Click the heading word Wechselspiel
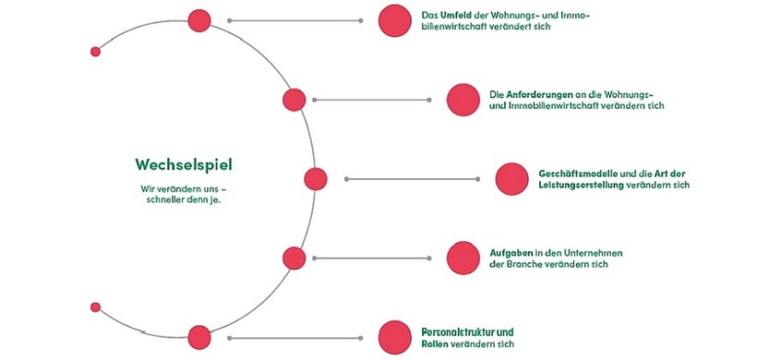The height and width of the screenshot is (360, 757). point(183,165)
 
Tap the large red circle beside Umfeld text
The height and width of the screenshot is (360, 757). point(394,20)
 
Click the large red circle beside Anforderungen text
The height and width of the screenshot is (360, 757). point(463,100)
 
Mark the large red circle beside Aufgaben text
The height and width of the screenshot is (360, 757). point(463,258)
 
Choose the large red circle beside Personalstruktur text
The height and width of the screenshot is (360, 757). point(394,337)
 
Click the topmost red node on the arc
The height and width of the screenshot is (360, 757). point(198,19)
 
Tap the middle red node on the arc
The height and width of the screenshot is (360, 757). point(315,179)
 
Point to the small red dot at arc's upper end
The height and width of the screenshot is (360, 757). point(95,52)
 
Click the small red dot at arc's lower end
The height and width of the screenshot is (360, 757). point(95,306)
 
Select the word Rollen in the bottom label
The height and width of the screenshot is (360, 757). point(436,343)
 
